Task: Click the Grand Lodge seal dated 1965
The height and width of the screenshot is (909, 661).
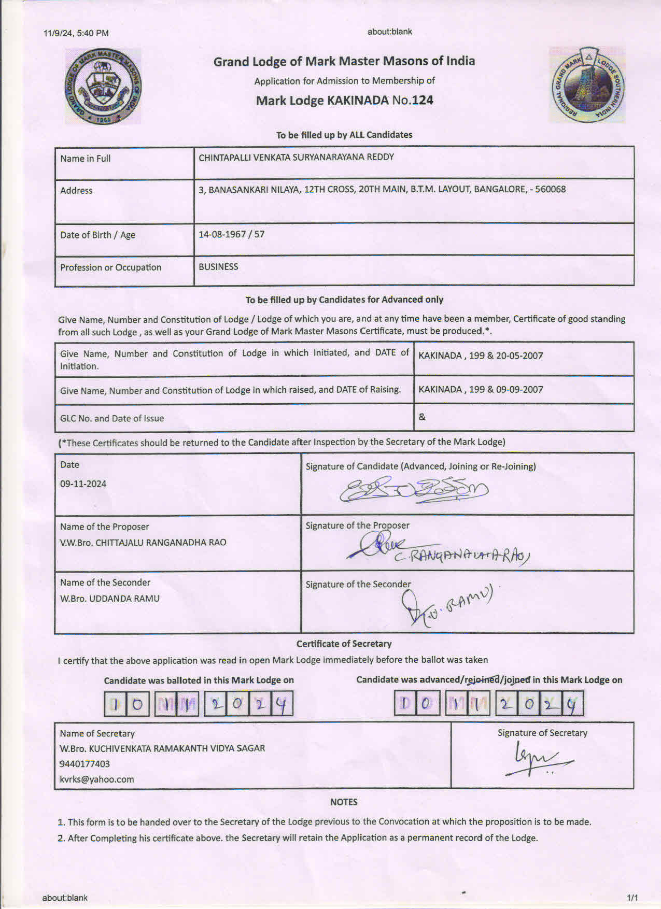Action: (103, 87)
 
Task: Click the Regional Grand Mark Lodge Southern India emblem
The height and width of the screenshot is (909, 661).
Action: (587, 85)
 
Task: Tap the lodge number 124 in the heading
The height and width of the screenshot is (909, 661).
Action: (423, 100)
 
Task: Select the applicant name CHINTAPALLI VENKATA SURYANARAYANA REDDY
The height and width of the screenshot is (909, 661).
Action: (296, 157)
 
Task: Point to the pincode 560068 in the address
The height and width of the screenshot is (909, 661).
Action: (550, 189)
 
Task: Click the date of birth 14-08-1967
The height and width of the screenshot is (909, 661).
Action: (222, 234)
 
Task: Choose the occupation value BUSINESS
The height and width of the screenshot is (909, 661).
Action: (218, 267)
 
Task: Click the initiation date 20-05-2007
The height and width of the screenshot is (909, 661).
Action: (519, 356)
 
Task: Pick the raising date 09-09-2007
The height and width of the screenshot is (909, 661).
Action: (519, 389)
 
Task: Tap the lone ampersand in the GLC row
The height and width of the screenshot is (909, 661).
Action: (422, 417)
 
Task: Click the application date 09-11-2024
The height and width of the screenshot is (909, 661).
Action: (83, 484)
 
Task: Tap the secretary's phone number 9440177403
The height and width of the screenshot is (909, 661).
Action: (85, 764)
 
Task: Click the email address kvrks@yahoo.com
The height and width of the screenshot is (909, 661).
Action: (96, 779)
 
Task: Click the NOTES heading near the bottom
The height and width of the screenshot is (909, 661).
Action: (344, 802)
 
